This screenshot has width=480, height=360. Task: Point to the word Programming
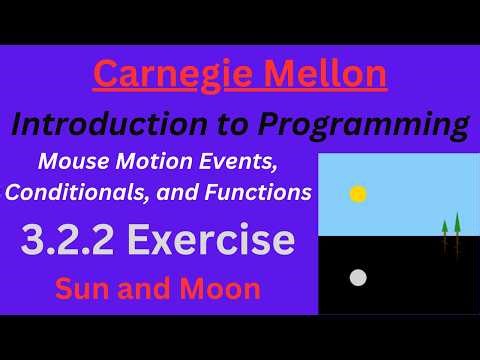pyautogui.click(x=364, y=125)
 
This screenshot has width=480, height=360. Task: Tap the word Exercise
pyautogui.click(x=212, y=242)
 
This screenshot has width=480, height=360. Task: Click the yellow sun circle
pyautogui.click(x=358, y=193)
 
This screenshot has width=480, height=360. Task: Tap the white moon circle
pyautogui.click(x=357, y=277)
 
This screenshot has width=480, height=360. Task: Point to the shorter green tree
pyautogui.click(x=445, y=236)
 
